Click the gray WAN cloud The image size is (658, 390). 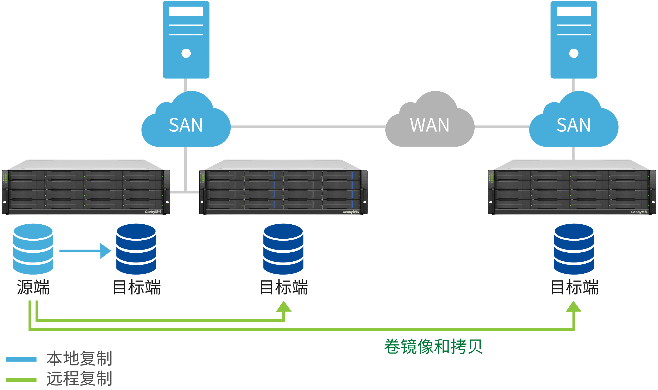pyautogui.click(x=430, y=124)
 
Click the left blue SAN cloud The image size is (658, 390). pyautogui.click(x=186, y=124)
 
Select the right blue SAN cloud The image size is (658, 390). pyautogui.click(x=574, y=124)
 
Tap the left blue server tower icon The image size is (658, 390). pyautogui.click(x=186, y=39)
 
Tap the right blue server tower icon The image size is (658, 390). pyautogui.click(x=574, y=39)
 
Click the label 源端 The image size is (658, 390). pyautogui.click(x=33, y=287)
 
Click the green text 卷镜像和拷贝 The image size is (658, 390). pyautogui.click(x=433, y=346)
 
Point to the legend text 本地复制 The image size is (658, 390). pyautogui.click(x=79, y=359)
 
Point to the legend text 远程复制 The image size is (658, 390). pyautogui.click(x=79, y=378)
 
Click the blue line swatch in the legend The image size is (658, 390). pyautogui.click(x=21, y=360)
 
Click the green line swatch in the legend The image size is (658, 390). pyautogui.click(x=21, y=380)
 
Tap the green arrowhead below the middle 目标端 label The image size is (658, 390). pyautogui.click(x=284, y=307)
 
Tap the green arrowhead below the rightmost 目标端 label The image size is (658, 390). pyautogui.click(x=574, y=307)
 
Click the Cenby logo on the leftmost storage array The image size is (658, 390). pyautogui.click(x=153, y=212)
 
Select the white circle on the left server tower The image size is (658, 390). pyautogui.click(x=186, y=53)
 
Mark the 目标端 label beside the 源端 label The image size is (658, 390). pyautogui.click(x=137, y=287)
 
